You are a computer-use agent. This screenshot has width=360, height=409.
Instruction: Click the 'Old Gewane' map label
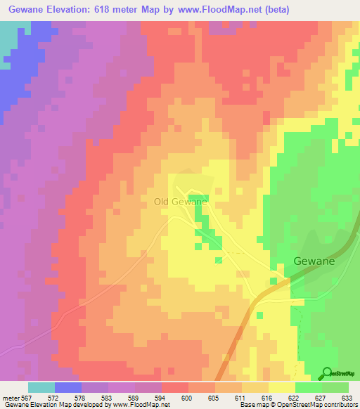[180, 202]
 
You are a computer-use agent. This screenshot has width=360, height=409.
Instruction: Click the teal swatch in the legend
[41, 387]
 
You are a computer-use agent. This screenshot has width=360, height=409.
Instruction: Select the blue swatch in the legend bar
[68, 387]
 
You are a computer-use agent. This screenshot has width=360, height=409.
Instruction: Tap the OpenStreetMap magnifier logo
[328, 373]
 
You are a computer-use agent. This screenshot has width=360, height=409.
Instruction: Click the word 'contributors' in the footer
[340, 405]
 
